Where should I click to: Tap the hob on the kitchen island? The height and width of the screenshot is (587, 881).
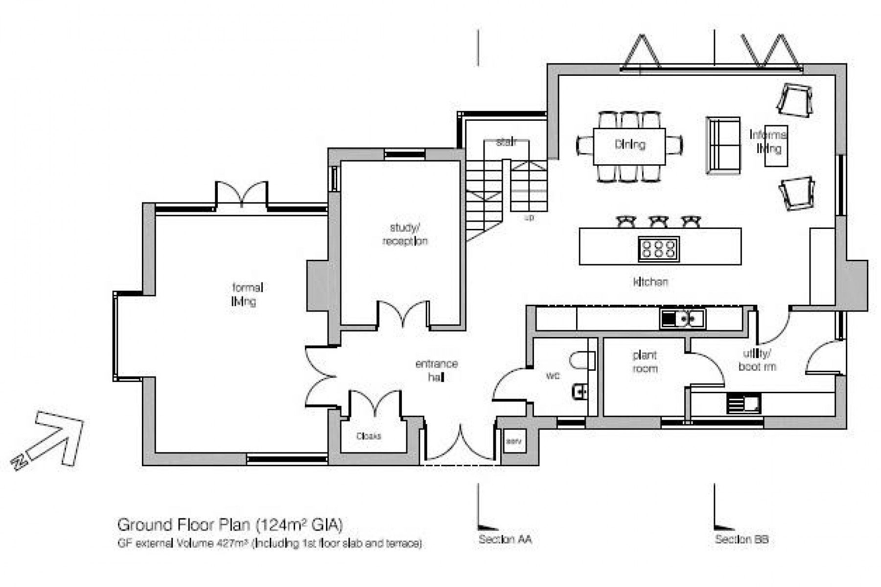tap(658, 248)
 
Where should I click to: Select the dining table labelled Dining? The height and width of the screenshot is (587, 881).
tap(629, 146)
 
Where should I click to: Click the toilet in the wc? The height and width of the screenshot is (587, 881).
tap(582, 361)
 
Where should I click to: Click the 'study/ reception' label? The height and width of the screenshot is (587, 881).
tap(405, 234)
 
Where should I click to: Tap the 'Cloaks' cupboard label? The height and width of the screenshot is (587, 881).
tap(369, 436)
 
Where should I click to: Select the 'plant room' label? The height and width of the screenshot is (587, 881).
tap(645, 362)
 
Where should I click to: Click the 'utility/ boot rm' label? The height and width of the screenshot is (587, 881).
tap(757, 360)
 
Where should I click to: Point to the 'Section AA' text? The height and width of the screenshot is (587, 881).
tap(505, 540)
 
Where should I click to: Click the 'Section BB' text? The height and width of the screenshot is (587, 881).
tap(742, 540)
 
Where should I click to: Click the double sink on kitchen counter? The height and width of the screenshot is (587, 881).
tap(682, 319)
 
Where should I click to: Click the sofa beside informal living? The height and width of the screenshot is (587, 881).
tap(723, 145)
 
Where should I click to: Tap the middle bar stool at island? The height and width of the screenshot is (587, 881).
tap(658, 222)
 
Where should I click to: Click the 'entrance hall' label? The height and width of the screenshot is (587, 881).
tap(436, 370)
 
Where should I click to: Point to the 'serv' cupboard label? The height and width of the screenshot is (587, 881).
tap(513, 441)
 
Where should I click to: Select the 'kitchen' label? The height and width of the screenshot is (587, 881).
tap(650, 282)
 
